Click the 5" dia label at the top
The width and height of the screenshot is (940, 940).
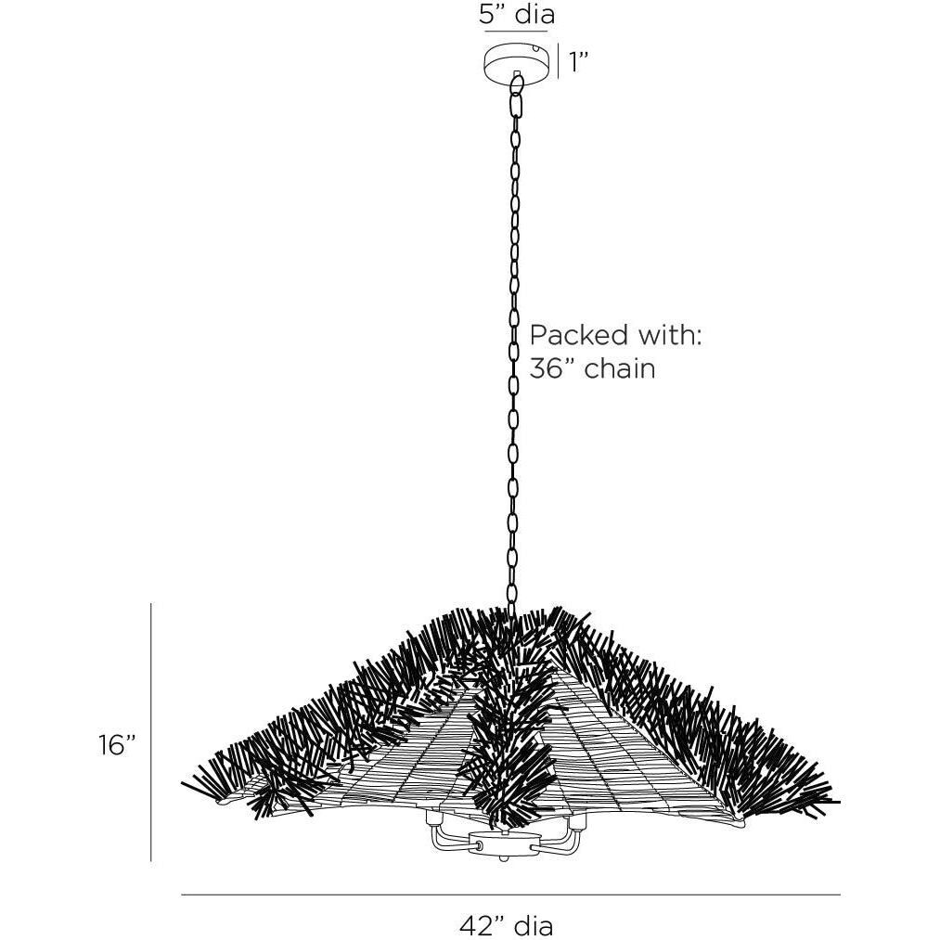click(517, 15)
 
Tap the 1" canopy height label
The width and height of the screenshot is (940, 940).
click(578, 62)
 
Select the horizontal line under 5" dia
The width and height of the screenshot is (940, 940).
click(516, 31)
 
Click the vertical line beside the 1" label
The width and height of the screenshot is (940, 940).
click(559, 61)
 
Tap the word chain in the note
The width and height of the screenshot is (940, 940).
click(620, 368)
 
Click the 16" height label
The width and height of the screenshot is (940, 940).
click(119, 745)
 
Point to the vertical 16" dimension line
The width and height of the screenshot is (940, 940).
click(151, 732)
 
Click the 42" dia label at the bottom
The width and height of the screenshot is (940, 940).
click(507, 925)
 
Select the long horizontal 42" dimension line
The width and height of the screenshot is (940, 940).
click(510, 895)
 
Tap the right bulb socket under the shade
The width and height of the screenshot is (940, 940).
click(576, 822)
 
